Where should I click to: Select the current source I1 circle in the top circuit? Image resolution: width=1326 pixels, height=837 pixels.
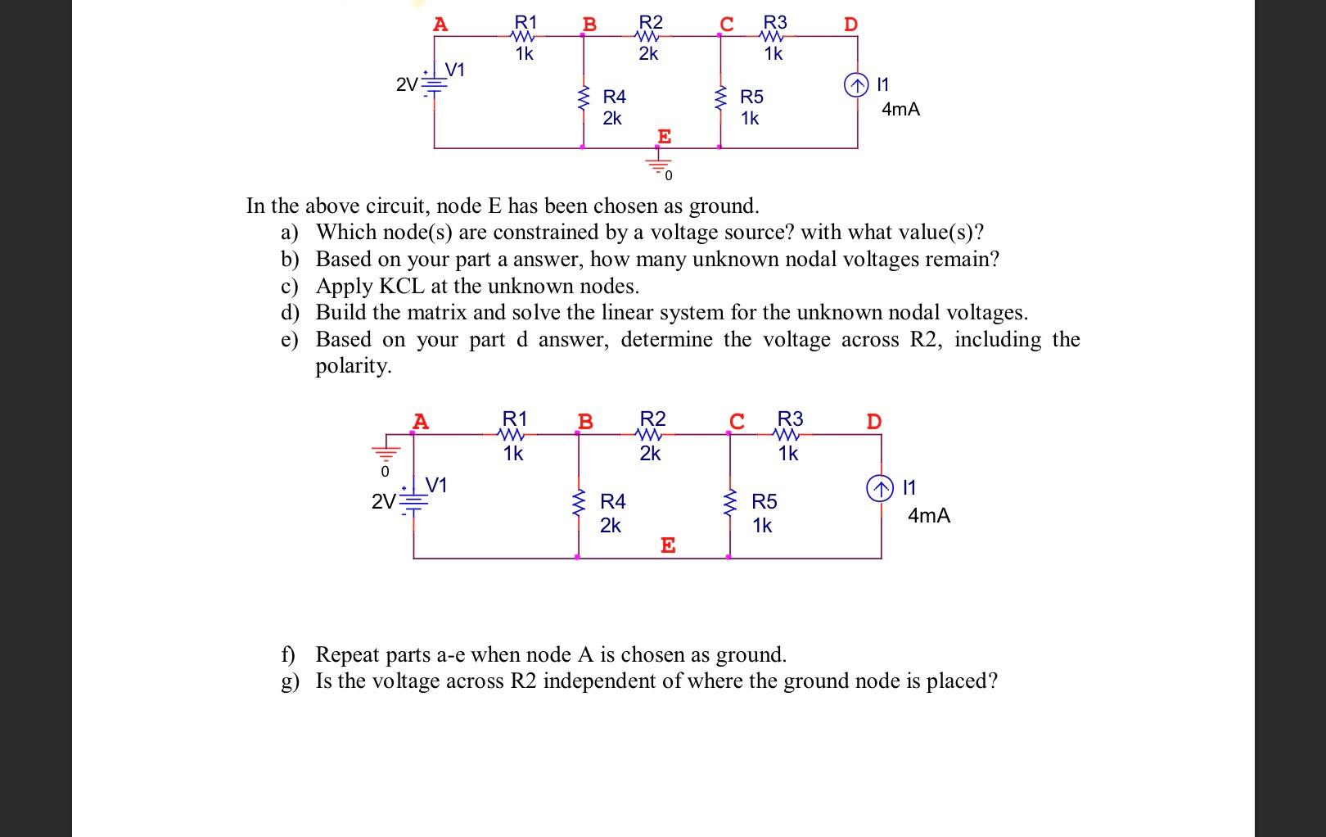click(856, 84)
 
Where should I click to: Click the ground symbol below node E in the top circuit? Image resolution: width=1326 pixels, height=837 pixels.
click(658, 163)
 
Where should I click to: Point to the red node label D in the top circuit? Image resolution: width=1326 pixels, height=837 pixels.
click(851, 24)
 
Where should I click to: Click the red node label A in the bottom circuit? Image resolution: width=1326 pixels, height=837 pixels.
click(421, 422)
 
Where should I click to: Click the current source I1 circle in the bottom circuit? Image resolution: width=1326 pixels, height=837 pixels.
click(880, 489)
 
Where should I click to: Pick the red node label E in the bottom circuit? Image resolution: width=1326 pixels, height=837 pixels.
click(668, 545)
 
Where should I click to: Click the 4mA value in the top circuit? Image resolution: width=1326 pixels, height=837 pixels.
click(900, 109)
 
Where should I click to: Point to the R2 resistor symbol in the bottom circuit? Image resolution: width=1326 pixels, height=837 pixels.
click(650, 434)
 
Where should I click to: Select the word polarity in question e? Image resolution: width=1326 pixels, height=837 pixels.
click(353, 365)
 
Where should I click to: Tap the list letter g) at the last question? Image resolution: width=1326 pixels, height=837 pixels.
click(290, 681)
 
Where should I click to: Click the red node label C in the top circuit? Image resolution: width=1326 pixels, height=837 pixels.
click(727, 24)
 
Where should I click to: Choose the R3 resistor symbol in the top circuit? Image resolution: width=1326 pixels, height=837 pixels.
click(773, 36)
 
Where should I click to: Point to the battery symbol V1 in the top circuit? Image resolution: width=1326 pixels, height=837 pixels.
click(434, 84)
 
